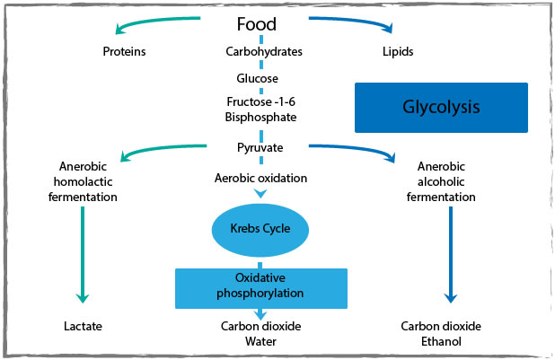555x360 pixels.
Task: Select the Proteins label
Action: tap(124, 51)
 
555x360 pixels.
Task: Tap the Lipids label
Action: tap(398, 51)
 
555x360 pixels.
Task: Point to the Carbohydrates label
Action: tap(263, 51)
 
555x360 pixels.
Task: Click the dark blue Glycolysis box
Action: tap(440, 108)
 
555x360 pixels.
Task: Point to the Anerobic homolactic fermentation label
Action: tap(82, 180)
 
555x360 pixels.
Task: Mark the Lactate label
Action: tap(82, 326)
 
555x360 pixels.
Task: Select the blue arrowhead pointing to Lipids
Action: tap(386, 27)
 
